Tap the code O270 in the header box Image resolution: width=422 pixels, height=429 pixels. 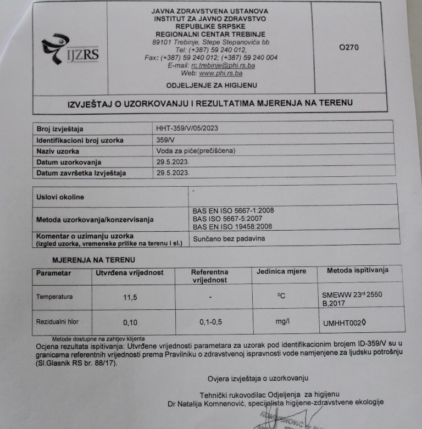point(349,47)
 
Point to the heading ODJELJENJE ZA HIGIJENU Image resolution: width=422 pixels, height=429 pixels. point(212,85)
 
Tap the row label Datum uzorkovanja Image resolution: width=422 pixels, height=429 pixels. point(69,162)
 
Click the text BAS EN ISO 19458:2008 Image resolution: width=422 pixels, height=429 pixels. point(233,226)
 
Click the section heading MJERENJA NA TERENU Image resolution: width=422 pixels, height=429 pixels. point(94,259)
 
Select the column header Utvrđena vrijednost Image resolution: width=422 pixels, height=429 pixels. point(130,272)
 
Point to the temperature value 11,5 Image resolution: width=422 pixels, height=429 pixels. point(130,297)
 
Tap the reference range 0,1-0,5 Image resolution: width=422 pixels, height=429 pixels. point(211,322)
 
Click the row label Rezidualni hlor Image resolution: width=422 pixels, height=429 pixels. point(58,321)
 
